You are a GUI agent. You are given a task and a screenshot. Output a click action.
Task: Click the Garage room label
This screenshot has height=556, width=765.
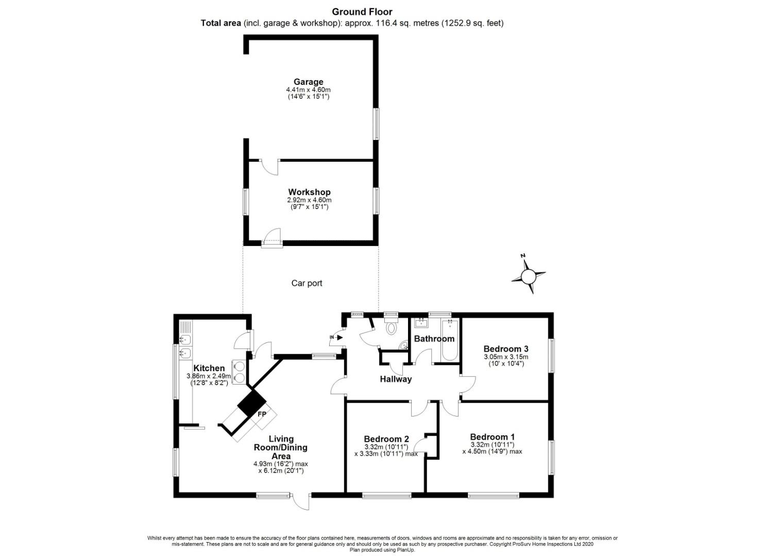[x=309, y=82]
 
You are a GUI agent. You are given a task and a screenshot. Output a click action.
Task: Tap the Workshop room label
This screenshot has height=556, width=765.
[x=309, y=192]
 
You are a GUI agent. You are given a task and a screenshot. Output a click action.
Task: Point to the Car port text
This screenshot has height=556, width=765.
[x=307, y=283]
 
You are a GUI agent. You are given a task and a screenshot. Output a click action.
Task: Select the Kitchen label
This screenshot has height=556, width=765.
[x=209, y=368]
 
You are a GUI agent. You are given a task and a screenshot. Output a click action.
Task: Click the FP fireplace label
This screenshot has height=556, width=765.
[x=262, y=414]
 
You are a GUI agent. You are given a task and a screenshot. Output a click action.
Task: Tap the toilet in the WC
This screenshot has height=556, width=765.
[x=390, y=325]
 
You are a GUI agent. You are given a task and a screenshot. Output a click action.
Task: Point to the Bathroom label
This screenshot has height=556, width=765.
[x=434, y=339]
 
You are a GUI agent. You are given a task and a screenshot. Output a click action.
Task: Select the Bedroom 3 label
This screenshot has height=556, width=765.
[x=506, y=349]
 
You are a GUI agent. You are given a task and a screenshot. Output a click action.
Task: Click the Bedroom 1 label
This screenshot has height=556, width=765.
[x=492, y=437]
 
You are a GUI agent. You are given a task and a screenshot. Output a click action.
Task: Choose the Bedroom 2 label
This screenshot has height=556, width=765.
[x=386, y=439]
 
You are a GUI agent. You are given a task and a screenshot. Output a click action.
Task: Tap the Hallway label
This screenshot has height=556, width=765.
[x=396, y=379]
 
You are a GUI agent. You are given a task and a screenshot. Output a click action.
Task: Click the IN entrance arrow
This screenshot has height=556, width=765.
[x=336, y=338]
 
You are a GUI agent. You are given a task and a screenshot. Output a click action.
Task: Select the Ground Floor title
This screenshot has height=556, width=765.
[x=362, y=12]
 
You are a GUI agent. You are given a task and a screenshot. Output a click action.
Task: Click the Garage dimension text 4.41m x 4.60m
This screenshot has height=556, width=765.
[x=309, y=90]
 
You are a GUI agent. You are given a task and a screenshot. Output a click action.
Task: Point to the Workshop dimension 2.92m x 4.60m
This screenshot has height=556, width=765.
[x=309, y=200]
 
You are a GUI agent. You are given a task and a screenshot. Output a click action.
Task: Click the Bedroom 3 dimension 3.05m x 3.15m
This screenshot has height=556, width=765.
[x=506, y=357]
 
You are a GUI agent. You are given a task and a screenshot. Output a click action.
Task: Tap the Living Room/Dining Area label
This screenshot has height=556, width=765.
[x=281, y=447]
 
